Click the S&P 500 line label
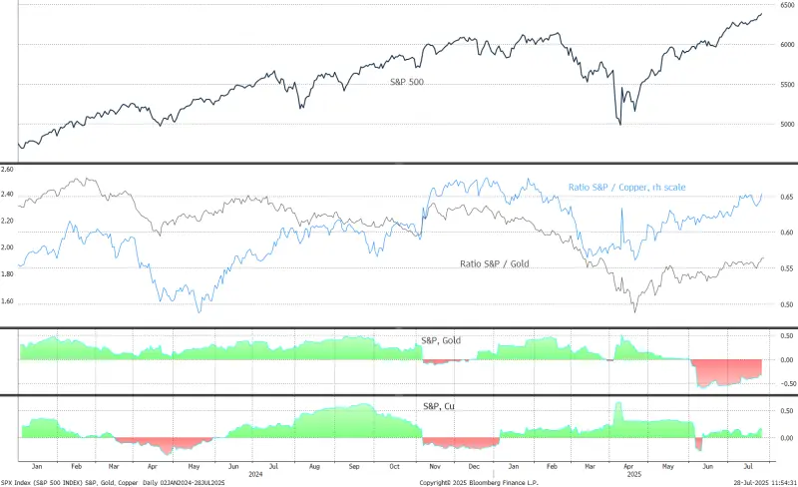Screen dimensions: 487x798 (x=407, y=82)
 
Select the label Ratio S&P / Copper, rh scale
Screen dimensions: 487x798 (x=625, y=188)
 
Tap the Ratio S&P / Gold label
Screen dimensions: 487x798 (x=502, y=263)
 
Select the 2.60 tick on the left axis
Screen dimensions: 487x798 (x=9, y=170)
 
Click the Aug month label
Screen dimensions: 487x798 (x=315, y=465)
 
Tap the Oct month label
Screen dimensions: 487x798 (x=395, y=465)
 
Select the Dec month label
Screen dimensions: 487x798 (x=476, y=465)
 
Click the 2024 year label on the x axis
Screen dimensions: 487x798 (x=255, y=473)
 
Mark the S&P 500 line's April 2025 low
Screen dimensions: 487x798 (x=620, y=124)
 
